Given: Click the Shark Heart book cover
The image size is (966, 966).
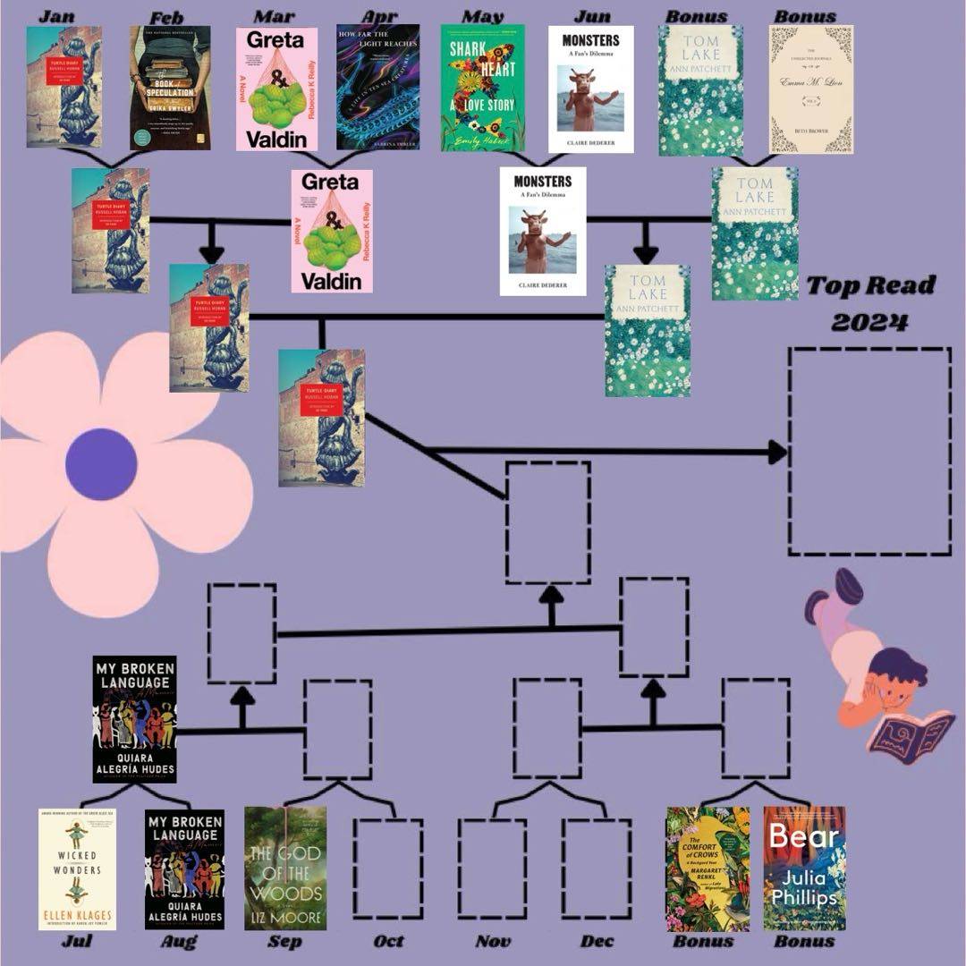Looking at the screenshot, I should pyautogui.click(x=482, y=88).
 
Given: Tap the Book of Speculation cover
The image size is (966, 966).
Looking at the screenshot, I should pyautogui.click(x=170, y=88).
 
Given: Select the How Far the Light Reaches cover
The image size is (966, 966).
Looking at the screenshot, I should pyautogui.click(x=377, y=87).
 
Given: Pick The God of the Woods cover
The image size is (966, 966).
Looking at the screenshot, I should pyautogui.click(x=285, y=868).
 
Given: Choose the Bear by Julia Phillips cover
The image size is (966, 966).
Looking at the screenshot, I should pyautogui.click(x=804, y=869).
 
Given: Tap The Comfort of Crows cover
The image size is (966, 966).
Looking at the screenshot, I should pyautogui.click(x=708, y=869).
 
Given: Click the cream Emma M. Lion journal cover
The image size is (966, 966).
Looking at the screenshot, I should pyautogui.click(x=810, y=89).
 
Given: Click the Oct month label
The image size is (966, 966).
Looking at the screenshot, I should pyautogui.click(x=388, y=941).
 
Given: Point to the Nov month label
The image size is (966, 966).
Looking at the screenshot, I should pyautogui.click(x=493, y=941).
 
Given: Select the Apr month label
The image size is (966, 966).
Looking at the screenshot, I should pyautogui.click(x=379, y=16).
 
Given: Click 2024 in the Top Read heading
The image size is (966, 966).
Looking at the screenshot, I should pyautogui.click(x=869, y=320).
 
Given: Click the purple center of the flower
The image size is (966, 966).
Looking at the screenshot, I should pyautogui.click(x=101, y=464).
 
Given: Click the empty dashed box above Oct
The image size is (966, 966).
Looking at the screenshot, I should pyautogui.click(x=387, y=868).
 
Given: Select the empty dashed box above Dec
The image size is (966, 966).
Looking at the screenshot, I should pyautogui.click(x=597, y=868).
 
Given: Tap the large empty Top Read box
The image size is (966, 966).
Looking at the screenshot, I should pyautogui.click(x=869, y=451).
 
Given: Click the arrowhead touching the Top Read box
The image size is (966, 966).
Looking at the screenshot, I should pyautogui.click(x=776, y=452).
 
